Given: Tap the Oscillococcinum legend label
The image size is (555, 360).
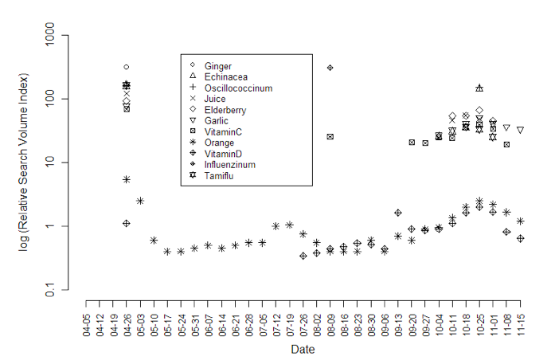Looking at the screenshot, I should click(x=238, y=88).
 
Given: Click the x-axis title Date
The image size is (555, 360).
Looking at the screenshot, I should click(x=302, y=350).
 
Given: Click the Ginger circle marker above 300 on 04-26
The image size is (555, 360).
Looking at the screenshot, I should click(x=127, y=67).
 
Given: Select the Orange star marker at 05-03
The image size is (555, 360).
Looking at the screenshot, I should click(x=140, y=201).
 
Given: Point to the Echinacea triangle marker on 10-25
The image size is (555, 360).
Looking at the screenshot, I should click(x=479, y=88).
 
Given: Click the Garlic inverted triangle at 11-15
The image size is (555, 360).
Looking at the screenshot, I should click(x=520, y=130).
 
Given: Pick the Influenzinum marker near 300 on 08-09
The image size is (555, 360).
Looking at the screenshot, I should click(x=330, y=68).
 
